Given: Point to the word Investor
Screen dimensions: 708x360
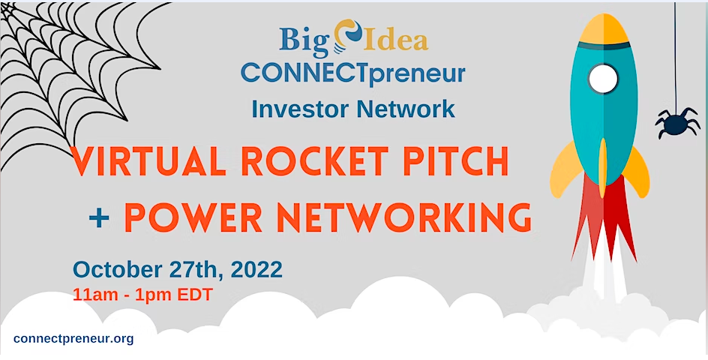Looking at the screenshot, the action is (301, 109).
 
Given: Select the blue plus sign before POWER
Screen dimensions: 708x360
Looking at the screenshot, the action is (99, 218).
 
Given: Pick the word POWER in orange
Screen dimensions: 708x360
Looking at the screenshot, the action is (193, 218).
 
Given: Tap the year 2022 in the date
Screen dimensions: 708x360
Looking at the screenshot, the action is (256, 269).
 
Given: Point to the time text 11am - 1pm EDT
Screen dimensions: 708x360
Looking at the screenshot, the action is (142, 295).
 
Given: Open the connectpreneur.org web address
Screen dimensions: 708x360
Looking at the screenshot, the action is (73, 338).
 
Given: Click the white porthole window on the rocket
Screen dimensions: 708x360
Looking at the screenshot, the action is (602, 79).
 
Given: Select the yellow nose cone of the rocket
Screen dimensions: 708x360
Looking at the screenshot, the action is (604, 29).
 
